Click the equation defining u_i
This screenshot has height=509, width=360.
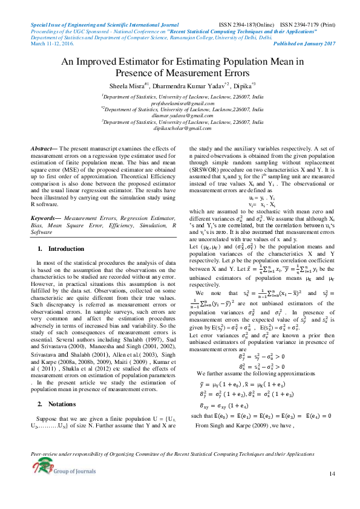click(262, 198)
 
